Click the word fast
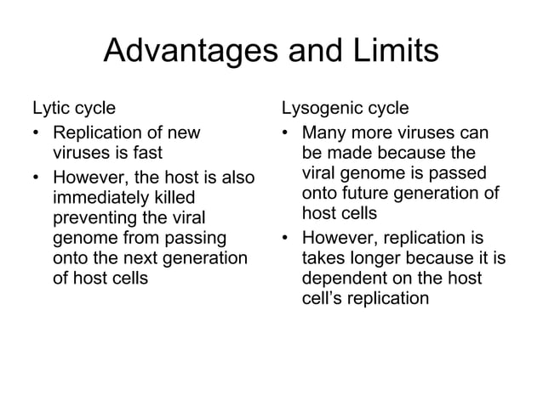[x=146, y=154]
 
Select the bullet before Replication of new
[x=37, y=133]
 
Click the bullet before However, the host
[x=37, y=178]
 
